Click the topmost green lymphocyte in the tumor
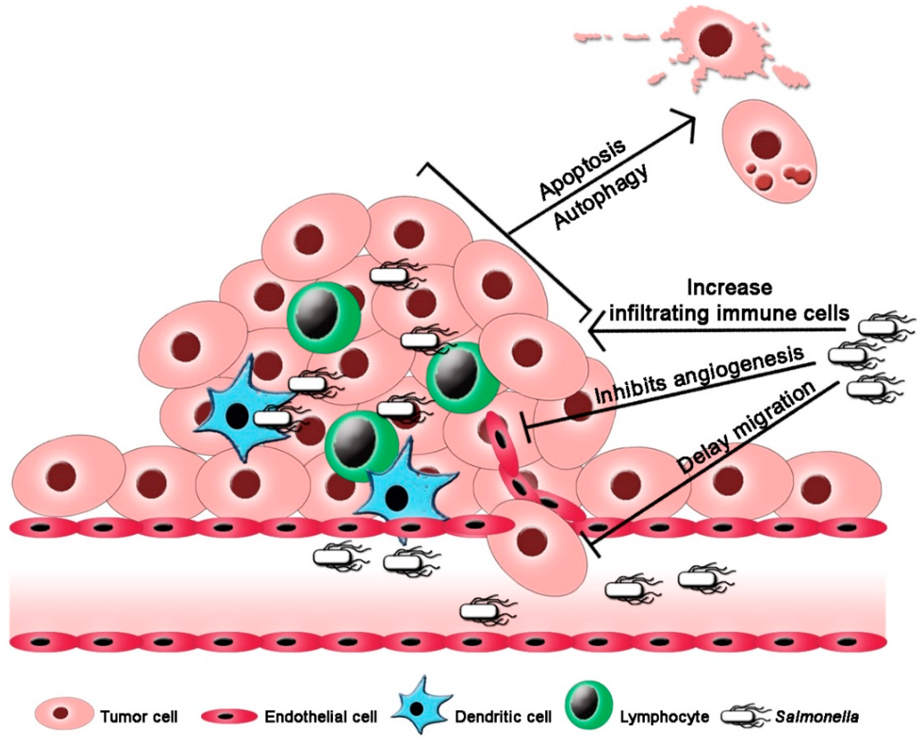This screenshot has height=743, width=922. point(323,314)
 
